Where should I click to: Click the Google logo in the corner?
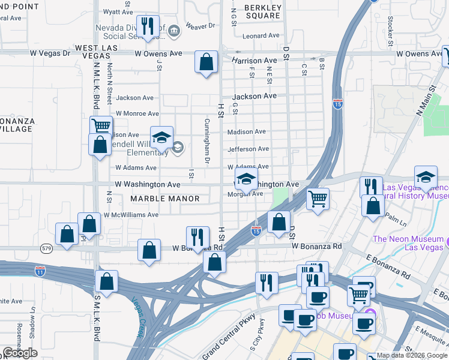pos(20,353)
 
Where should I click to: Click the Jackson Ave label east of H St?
pos(254,96)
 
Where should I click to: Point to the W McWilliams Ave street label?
pos(130,215)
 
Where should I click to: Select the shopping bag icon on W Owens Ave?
pos(206,62)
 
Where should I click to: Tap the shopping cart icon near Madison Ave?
pos(101,126)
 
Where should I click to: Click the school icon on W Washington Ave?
pos(246,179)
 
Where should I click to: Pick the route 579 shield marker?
pos(47,247)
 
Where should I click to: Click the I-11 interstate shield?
pos(40,271)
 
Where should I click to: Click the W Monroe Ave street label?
pos(137,113)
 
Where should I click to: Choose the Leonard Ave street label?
pos(261,36)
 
